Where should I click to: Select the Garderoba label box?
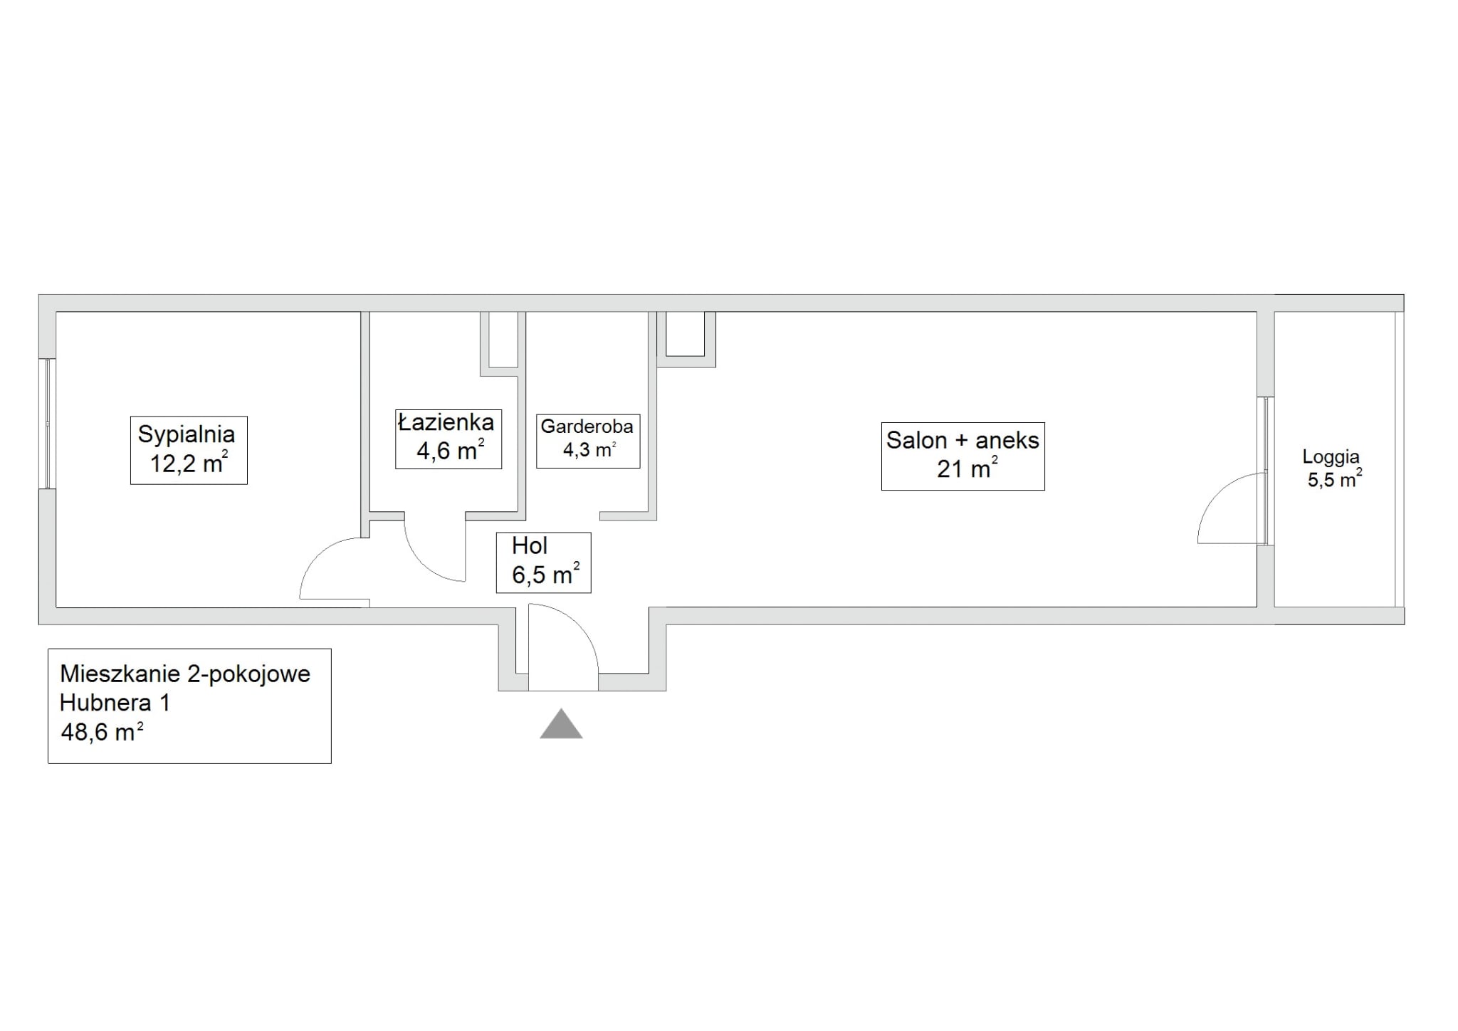tap(588, 441)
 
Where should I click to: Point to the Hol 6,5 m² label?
tap(543, 562)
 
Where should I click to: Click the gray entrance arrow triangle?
tap(561, 723)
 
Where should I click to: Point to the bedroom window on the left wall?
tap(48, 423)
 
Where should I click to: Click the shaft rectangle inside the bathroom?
tap(503, 340)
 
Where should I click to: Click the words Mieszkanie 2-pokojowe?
tap(185, 674)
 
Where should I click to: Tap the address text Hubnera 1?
tap(115, 703)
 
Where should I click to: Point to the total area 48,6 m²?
tap(102, 732)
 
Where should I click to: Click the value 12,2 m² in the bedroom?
tap(189, 464)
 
